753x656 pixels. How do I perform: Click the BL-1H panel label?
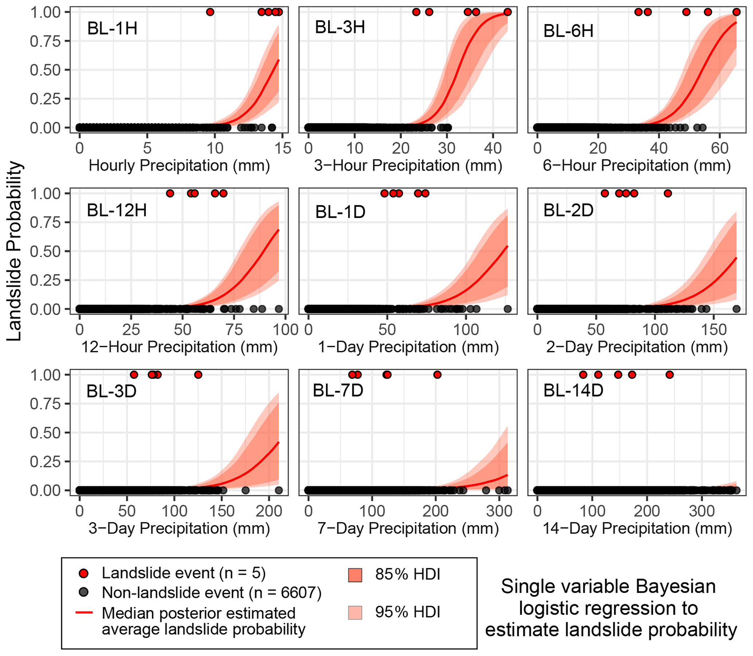(x=112, y=28)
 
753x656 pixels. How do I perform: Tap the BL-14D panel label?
(x=573, y=390)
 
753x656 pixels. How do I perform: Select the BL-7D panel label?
(x=338, y=390)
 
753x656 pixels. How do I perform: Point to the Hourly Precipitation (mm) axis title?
(x=179, y=165)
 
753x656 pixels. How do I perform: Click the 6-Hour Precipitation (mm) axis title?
(x=637, y=165)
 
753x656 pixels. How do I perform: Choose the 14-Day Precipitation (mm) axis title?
(x=637, y=528)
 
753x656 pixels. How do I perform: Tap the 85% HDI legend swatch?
(x=355, y=575)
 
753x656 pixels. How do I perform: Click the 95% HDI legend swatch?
(x=355, y=612)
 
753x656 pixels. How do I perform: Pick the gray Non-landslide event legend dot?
(x=84, y=593)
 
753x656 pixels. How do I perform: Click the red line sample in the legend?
(x=84, y=612)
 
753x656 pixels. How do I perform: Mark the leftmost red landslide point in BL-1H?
(x=210, y=12)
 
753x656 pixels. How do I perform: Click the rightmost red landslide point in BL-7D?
(x=437, y=375)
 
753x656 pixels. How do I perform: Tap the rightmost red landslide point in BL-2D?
(x=668, y=193)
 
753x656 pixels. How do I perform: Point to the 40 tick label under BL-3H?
(x=493, y=148)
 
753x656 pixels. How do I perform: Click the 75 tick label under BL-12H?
(x=234, y=329)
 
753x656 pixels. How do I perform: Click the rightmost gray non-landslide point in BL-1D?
(x=507, y=309)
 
